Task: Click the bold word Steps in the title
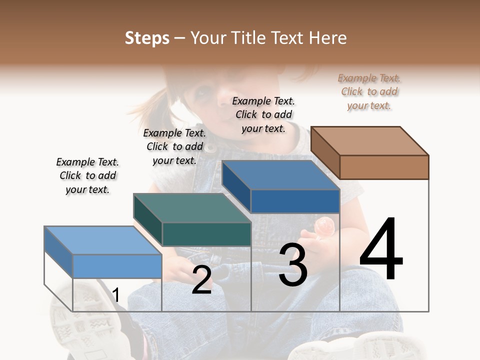[147, 38]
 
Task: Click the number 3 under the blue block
[293, 265]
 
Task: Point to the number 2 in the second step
[201, 280]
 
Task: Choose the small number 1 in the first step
[115, 295]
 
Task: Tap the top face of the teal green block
[192, 208]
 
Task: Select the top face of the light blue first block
[103, 240]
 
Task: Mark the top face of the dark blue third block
[280, 175]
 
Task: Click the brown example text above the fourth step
[369, 91]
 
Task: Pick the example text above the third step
[263, 114]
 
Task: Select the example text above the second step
[174, 146]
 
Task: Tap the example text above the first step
[87, 175]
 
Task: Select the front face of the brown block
[384, 167]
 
